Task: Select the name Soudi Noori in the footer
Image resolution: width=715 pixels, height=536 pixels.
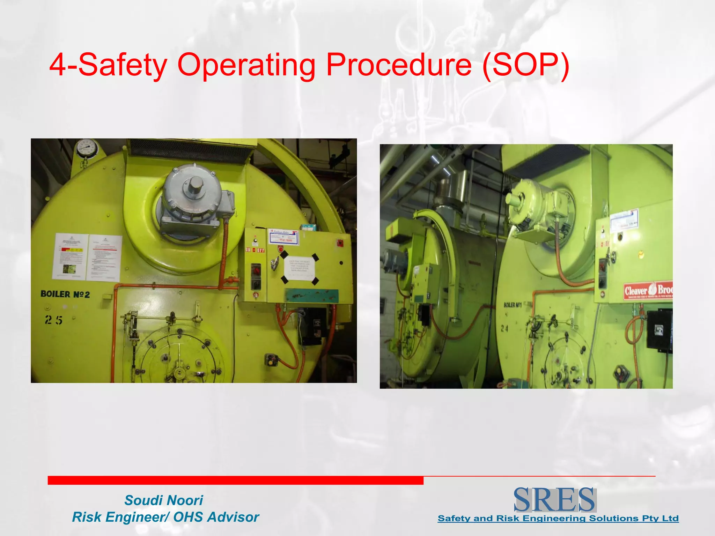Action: pyautogui.click(x=164, y=500)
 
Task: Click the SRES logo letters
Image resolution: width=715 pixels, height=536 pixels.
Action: pyautogui.click(x=554, y=500)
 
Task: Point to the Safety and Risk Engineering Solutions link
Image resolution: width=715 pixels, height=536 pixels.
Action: pyautogui.click(x=558, y=518)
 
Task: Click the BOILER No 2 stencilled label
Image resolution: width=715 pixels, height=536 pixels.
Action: pyautogui.click(x=65, y=294)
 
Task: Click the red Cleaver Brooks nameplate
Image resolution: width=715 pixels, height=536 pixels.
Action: pyautogui.click(x=648, y=290)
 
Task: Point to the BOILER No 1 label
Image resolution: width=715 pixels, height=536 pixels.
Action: pyautogui.click(x=513, y=305)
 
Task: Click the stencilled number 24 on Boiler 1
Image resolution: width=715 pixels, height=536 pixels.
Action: pyautogui.click(x=504, y=328)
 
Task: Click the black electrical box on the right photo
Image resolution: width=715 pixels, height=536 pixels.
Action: pyautogui.click(x=659, y=329)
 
